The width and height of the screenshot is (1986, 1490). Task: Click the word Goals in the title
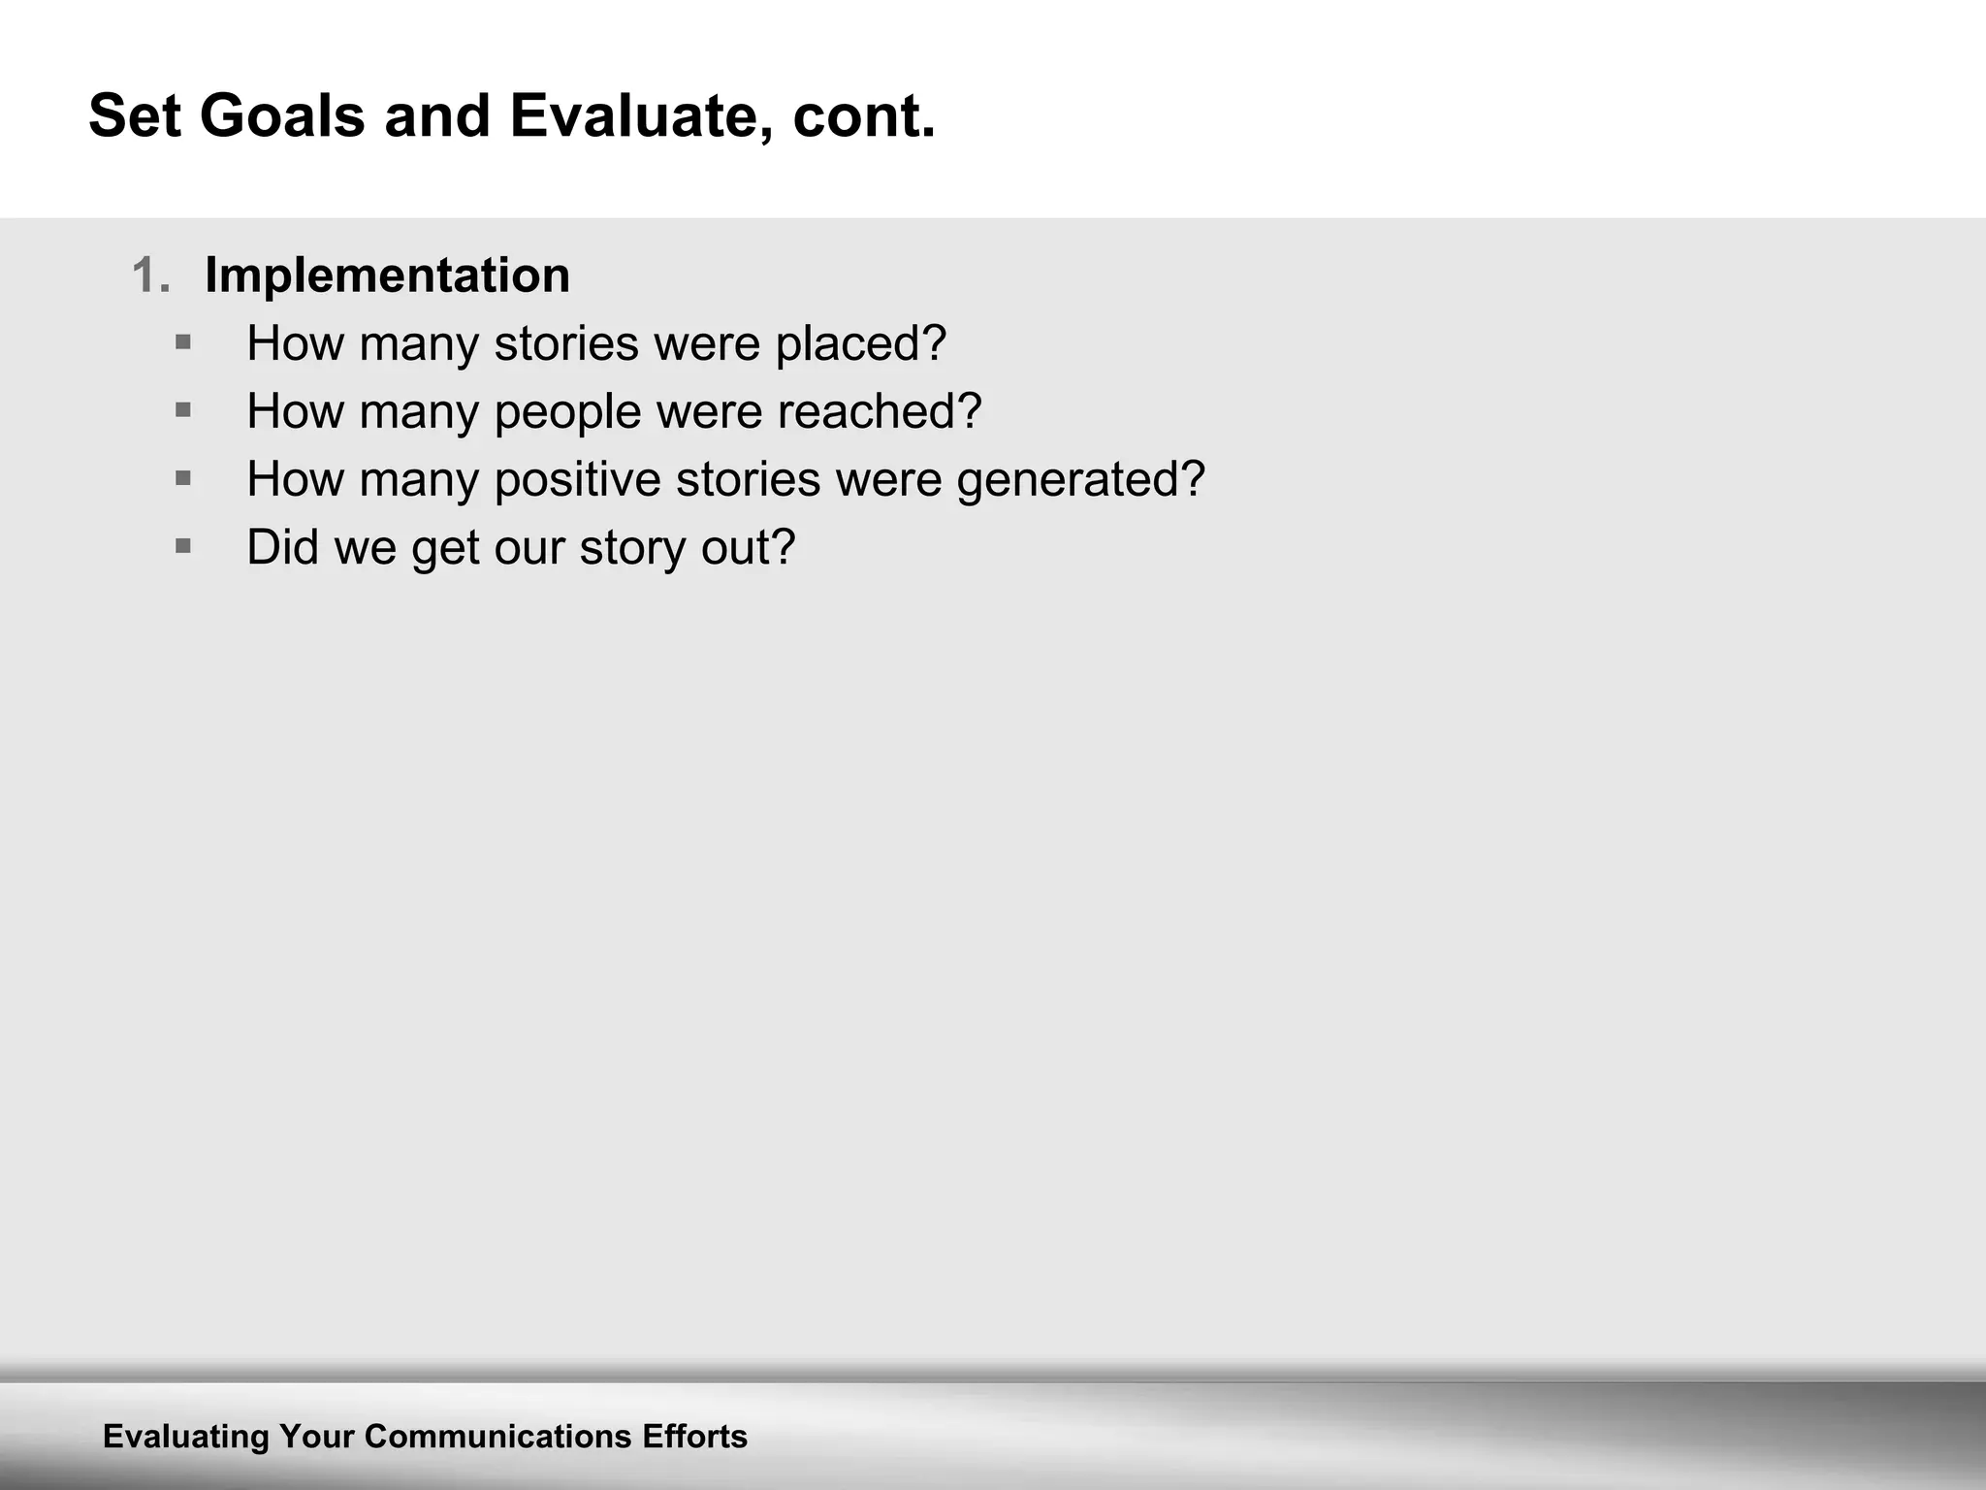282,116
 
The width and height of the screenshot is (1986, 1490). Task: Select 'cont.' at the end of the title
863,116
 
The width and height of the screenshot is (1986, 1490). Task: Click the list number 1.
150,275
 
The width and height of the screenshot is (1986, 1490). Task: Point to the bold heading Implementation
387,275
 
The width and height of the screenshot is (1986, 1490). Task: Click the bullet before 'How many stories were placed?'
183,341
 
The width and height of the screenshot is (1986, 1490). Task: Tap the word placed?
860,343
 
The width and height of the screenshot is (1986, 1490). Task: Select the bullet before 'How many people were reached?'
183,409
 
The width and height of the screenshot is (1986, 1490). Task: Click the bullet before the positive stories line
183,477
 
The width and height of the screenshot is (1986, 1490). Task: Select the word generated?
1080,480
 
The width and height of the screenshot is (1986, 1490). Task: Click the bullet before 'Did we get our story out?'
183,545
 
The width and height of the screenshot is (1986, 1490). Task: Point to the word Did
283,547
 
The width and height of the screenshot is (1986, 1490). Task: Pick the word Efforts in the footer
694,1437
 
